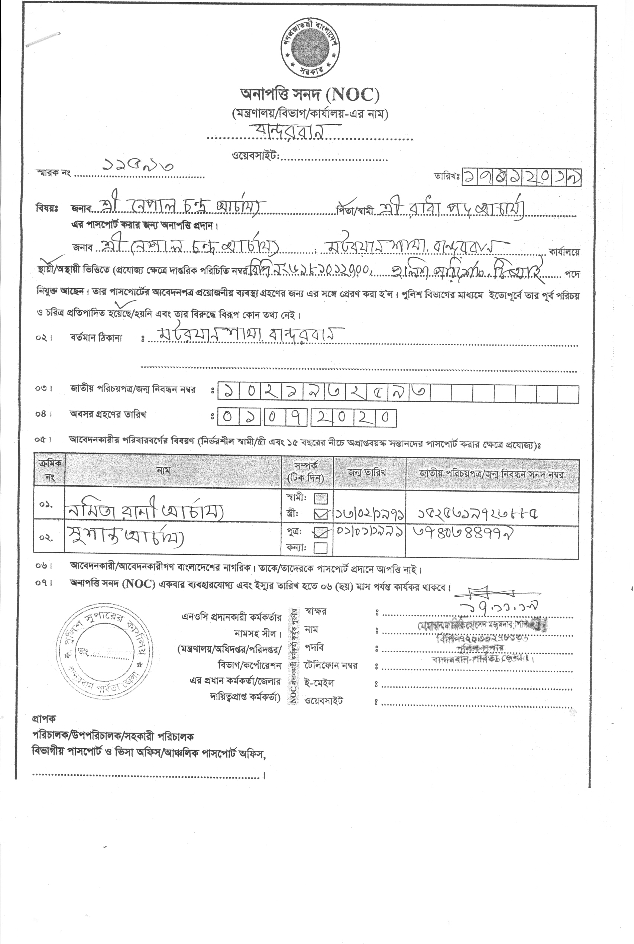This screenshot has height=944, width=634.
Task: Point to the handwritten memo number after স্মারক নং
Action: (x=138, y=165)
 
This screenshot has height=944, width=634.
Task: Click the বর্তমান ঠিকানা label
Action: (x=96, y=337)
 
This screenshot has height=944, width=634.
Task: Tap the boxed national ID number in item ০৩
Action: (x=323, y=391)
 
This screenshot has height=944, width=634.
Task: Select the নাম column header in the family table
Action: (x=164, y=470)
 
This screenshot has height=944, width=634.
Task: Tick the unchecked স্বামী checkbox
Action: (x=321, y=498)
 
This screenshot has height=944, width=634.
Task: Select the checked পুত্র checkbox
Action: (x=321, y=533)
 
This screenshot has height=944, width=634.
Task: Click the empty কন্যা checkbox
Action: (x=321, y=548)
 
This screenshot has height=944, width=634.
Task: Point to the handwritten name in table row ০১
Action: (x=143, y=512)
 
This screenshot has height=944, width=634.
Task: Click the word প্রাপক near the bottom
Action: (x=44, y=718)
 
